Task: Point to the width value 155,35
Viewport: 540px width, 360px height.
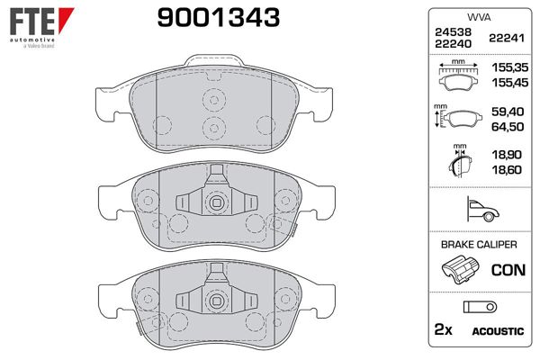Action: (507, 67)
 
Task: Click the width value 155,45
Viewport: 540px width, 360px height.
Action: (507, 80)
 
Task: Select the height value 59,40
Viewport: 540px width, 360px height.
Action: (507, 112)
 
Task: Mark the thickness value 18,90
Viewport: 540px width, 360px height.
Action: (507, 156)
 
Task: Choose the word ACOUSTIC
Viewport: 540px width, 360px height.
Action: (498, 332)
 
